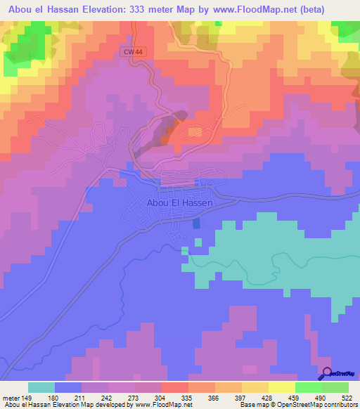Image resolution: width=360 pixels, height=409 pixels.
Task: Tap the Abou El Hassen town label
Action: click(179, 202)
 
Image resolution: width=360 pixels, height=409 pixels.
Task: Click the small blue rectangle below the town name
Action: click(196, 223)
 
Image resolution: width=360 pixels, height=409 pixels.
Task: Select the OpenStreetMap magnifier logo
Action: click(326, 373)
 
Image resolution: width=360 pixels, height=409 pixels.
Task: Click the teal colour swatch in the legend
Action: click(41, 387)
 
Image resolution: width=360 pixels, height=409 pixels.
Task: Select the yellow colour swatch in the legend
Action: click(282, 387)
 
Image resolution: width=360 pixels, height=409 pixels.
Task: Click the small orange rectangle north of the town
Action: click(195, 132)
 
